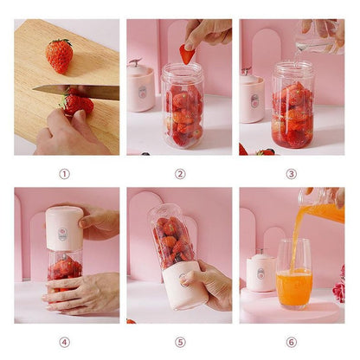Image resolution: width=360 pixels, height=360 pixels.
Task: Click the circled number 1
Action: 64,173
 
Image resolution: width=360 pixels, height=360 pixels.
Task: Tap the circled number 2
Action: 180,173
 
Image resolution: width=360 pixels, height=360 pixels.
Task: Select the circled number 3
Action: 291,173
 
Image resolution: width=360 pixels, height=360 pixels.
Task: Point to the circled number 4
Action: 64,342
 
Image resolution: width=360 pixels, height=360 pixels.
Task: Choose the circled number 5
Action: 180,342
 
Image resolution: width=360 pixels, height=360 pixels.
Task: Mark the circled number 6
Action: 291,342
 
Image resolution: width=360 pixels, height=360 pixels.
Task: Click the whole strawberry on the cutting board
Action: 59,55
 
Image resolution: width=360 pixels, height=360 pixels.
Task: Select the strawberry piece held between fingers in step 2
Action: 187,54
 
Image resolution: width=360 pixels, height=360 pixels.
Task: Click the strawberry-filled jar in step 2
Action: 183,108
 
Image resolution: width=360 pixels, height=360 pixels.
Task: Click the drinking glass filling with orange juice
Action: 293,275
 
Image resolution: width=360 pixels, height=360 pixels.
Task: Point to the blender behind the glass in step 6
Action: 260,272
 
